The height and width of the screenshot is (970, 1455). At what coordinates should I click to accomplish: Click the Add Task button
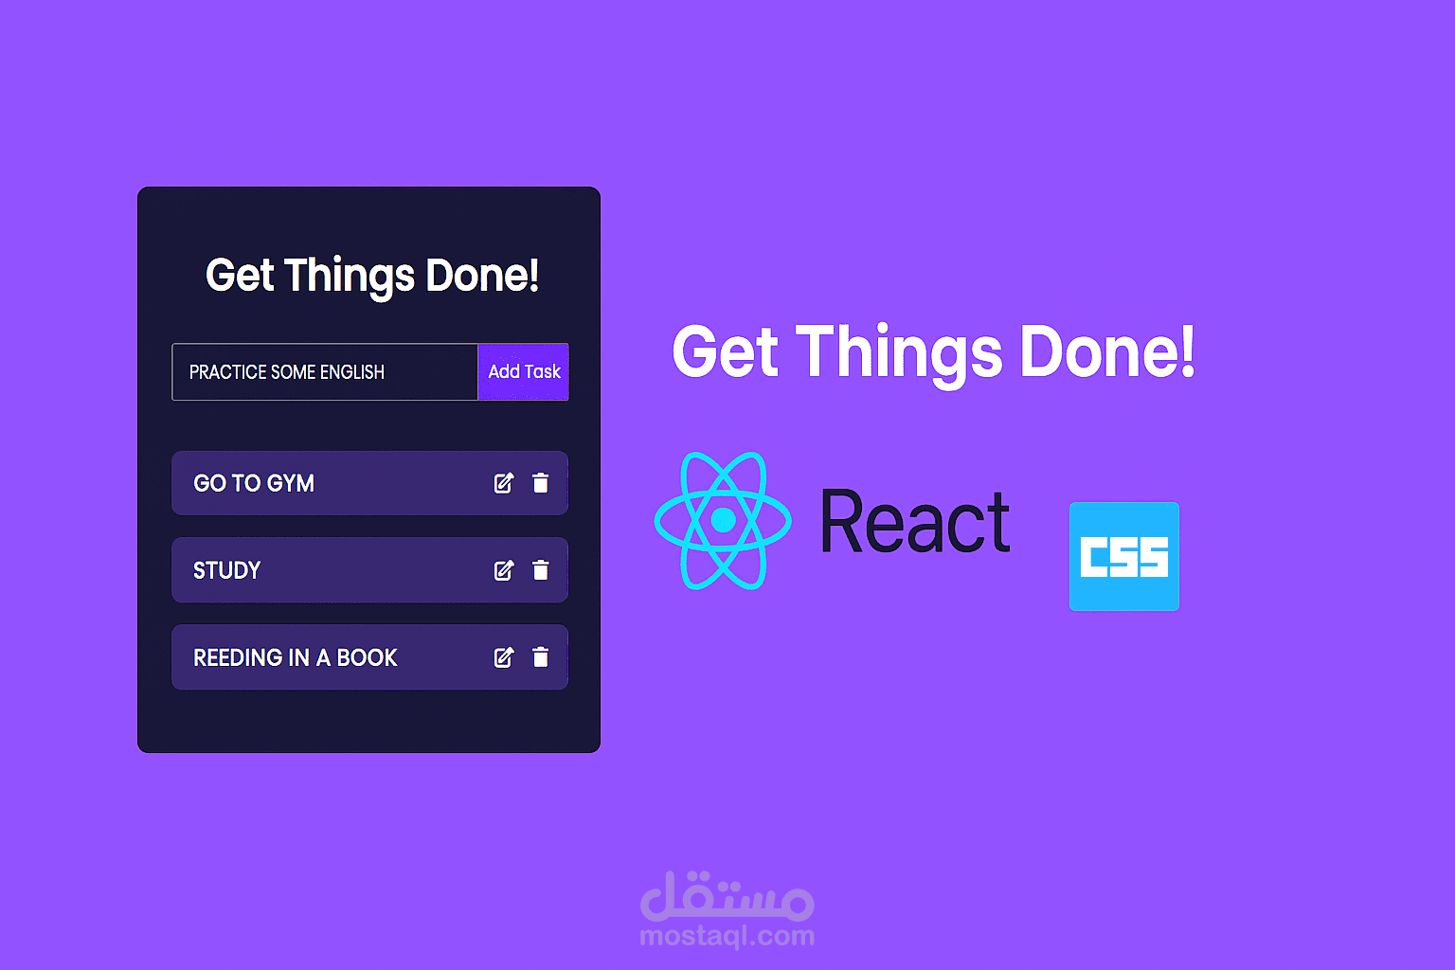pos(523,371)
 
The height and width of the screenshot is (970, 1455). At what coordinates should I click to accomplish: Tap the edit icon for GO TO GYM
pos(504,483)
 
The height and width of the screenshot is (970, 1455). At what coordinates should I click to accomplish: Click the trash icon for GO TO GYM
pos(541,483)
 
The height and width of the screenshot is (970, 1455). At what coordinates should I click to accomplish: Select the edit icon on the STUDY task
pos(504,570)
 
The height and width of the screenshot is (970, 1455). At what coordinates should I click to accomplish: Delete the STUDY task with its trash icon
pos(541,570)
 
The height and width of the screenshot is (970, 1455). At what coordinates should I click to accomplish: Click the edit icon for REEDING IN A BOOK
pos(504,657)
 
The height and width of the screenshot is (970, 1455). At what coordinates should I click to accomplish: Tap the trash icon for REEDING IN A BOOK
pos(541,657)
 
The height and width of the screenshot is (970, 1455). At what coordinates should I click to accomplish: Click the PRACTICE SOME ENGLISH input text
pos(286,372)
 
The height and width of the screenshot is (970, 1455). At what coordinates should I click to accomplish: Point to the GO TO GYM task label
pos(254,483)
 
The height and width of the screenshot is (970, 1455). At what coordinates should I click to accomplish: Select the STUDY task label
pos(226,570)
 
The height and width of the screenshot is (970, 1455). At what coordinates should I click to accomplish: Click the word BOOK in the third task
pos(368,657)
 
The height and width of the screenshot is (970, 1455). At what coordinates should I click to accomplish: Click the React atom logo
pos(723,520)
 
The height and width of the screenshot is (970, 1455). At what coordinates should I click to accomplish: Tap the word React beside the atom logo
pos(915,522)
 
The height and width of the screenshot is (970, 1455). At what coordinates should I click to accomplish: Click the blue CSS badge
pos(1124,556)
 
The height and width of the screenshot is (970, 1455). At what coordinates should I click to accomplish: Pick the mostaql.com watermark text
pos(727,937)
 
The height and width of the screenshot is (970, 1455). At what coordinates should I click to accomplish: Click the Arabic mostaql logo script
pos(727,896)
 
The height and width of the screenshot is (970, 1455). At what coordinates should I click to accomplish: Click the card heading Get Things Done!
pos(372,276)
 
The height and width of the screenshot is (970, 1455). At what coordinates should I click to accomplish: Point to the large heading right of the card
pos(933,352)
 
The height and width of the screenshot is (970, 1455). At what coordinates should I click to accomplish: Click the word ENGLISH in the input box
pos(351,372)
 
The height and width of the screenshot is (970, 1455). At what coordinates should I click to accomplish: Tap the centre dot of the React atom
pos(723,520)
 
